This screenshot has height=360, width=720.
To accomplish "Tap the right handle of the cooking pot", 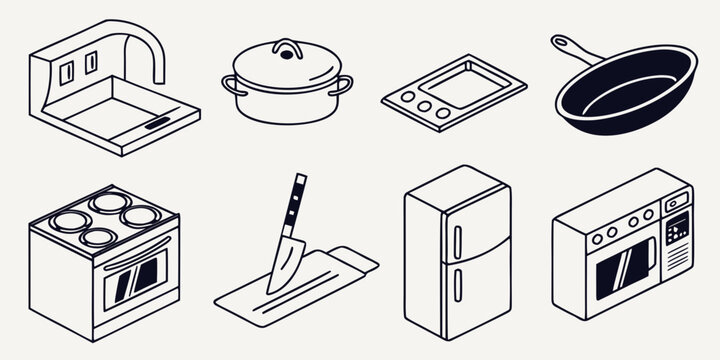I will coord(345,85).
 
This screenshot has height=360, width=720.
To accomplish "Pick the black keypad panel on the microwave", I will coord(679,228).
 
